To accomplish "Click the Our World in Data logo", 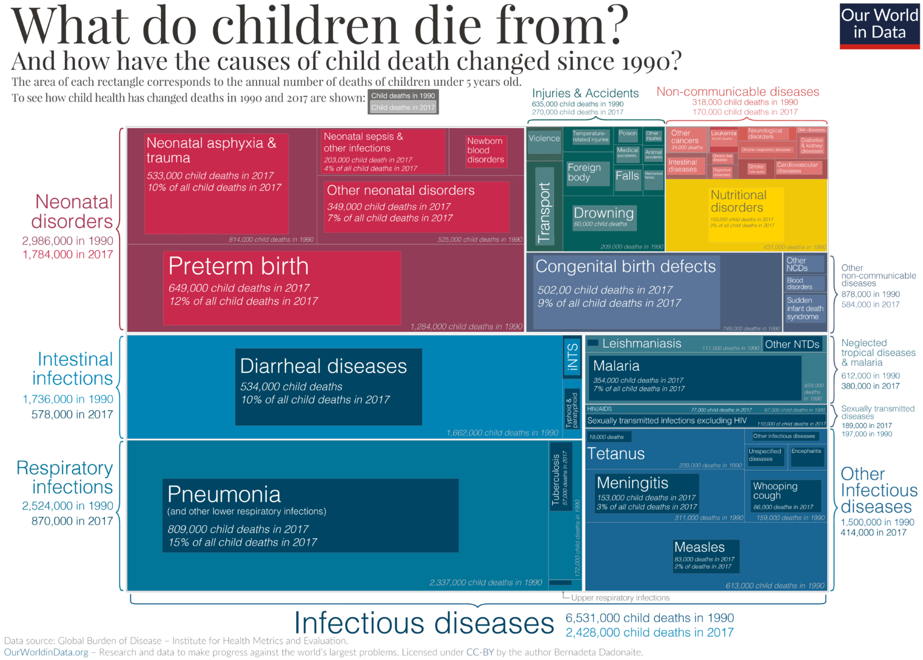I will (x=879, y=25).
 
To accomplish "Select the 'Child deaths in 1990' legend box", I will (x=403, y=96).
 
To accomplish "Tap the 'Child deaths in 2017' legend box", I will (x=403, y=108).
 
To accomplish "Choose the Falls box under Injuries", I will (x=627, y=177).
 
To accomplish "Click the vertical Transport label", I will (x=544, y=212).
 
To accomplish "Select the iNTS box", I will (x=572, y=357).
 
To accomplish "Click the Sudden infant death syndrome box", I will (x=805, y=309).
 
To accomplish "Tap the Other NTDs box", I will (x=792, y=345).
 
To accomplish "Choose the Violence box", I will (x=544, y=139).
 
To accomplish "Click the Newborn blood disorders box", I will (x=486, y=150).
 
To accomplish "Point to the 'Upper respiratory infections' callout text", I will (x=620, y=598).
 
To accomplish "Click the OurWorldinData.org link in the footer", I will (x=46, y=652).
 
